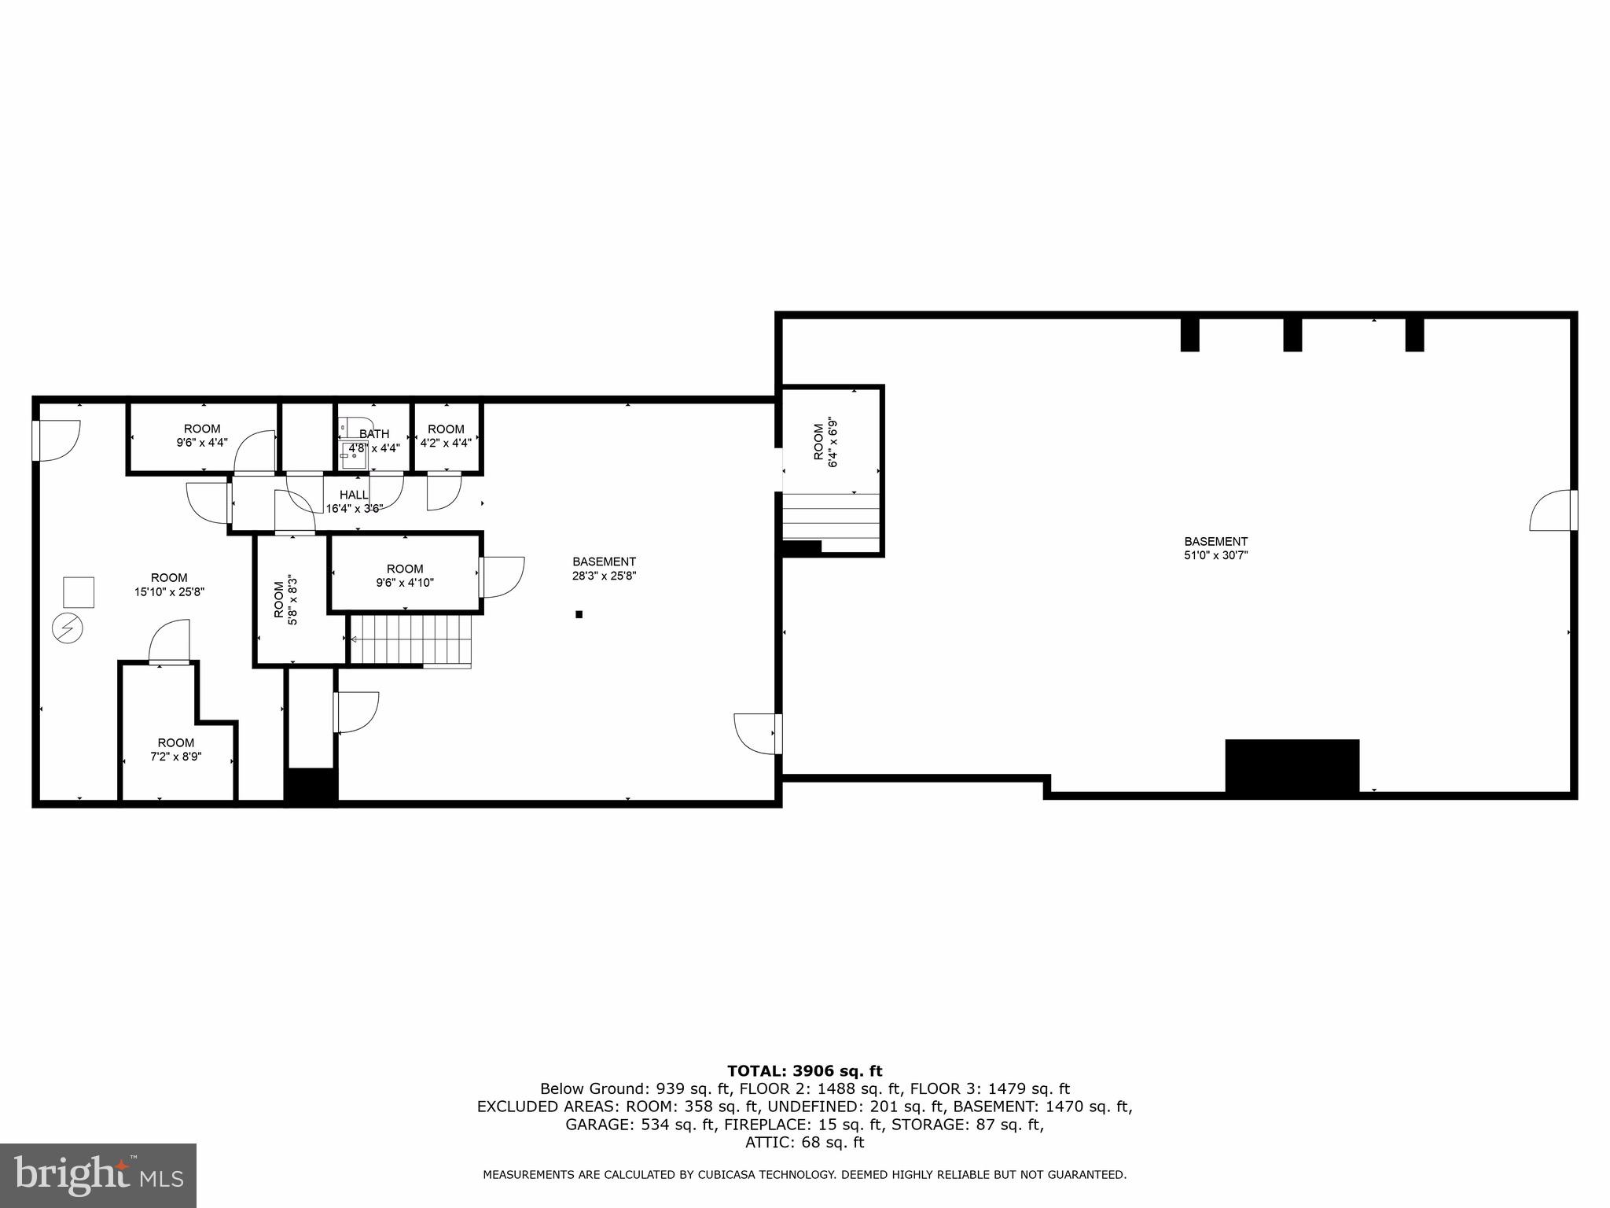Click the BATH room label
pos(374,434)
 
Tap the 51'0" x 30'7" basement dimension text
pos(1215,555)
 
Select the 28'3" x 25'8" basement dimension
pos(604,576)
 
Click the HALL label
pos(354,495)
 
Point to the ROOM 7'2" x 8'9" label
pos(176,749)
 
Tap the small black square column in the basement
pos(579,614)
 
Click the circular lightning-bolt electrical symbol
pos(67,628)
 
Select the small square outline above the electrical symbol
pos(79,591)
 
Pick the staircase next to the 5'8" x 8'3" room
pos(410,640)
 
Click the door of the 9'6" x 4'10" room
pos(502,576)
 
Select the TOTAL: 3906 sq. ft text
pos(804,1071)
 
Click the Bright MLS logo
pos(98,1175)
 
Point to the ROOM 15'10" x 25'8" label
pos(169,584)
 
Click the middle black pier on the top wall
pos(1292,333)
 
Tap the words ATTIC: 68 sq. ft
pos(804,1142)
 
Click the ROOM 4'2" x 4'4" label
pos(446,436)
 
